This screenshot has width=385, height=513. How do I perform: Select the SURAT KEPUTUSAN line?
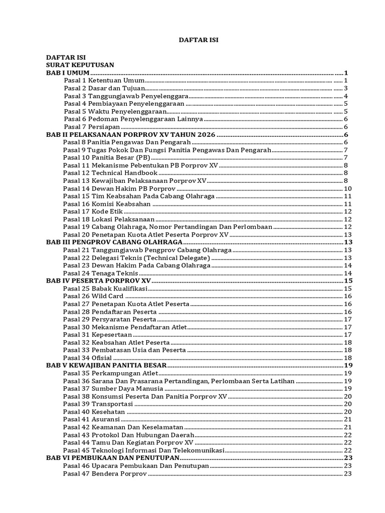[80, 65]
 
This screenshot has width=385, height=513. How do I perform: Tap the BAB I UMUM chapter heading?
[68, 73]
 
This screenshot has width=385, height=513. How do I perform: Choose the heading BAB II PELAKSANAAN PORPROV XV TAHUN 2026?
[130, 135]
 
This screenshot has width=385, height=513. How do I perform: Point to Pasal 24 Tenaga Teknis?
[100, 273]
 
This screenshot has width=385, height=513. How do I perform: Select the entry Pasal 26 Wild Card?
[93, 296]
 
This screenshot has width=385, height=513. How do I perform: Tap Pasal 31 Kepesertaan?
[97, 334]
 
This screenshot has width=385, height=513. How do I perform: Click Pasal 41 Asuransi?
[91, 419]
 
